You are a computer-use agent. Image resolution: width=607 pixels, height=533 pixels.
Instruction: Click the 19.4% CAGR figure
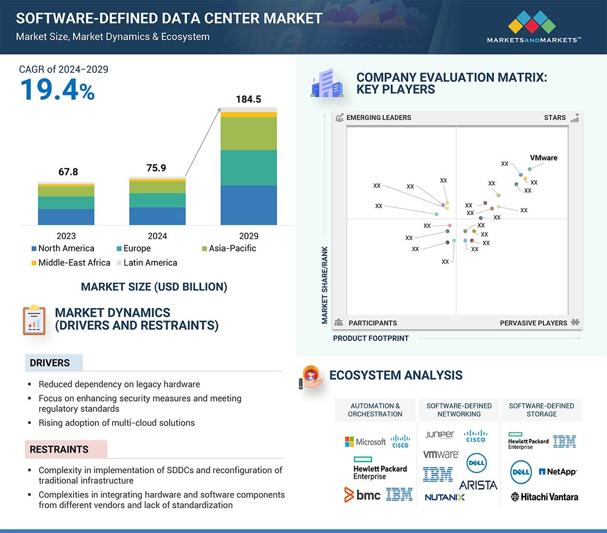click(x=57, y=89)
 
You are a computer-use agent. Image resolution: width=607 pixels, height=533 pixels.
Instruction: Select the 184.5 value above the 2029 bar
click(x=248, y=99)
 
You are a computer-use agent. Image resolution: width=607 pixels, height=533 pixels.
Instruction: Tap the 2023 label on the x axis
click(x=66, y=236)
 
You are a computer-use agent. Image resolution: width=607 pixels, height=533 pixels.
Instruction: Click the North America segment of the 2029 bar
click(x=249, y=205)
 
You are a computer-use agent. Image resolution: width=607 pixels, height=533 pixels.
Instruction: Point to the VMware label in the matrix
click(x=543, y=158)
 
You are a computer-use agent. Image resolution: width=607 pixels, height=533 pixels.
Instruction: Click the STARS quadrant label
click(x=555, y=117)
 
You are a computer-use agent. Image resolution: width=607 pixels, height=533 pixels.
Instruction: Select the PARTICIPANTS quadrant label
click(x=373, y=323)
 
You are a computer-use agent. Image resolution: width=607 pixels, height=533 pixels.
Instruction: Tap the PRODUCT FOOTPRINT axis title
click(x=370, y=338)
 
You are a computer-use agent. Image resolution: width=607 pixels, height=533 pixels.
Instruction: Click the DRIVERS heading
click(x=50, y=363)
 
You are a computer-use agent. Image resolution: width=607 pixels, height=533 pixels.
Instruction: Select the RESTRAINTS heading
click(x=59, y=449)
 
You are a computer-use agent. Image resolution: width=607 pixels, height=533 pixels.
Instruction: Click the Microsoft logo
click(x=365, y=442)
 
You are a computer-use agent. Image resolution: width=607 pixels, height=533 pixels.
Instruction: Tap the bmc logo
click(x=363, y=495)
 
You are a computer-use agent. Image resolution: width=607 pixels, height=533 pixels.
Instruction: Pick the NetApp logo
click(x=558, y=472)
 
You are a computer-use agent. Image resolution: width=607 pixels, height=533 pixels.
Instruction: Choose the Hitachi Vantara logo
click(x=544, y=497)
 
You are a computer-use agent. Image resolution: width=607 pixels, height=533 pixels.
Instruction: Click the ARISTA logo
click(x=478, y=485)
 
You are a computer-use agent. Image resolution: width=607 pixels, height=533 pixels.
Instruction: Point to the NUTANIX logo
click(x=445, y=497)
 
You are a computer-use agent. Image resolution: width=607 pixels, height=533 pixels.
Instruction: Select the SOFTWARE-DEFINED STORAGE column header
click(x=541, y=410)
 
